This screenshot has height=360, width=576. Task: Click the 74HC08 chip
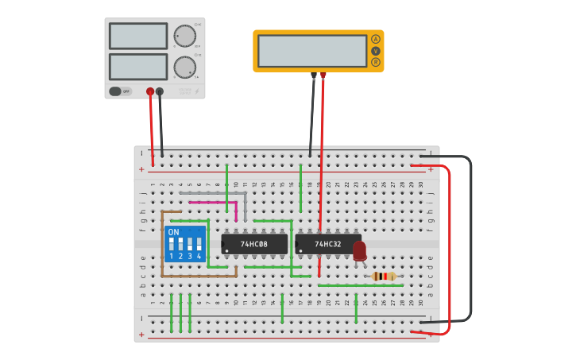click(254, 244)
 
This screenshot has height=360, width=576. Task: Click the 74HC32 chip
click(327, 244)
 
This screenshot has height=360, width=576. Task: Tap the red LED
click(359, 250)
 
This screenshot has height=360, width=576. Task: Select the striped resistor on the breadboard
click(384, 277)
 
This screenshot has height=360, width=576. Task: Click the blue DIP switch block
click(184, 243)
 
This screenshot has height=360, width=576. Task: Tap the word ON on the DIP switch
click(173, 232)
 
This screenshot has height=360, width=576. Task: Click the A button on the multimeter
click(376, 39)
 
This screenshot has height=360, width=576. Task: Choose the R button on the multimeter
click(376, 62)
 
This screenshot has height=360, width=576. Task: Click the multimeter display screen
click(311, 51)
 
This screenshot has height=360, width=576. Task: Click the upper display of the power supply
click(138, 36)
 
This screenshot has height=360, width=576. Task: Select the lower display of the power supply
click(138, 67)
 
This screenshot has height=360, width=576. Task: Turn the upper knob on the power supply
click(184, 36)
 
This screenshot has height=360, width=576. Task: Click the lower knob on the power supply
click(184, 67)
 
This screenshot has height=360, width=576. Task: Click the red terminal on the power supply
click(150, 91)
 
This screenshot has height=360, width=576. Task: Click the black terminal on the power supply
click(160, 91)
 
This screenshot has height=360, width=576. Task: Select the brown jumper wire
click(162, 246)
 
